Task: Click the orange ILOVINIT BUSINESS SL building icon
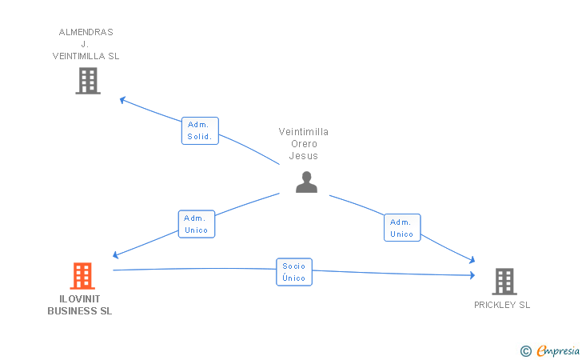point(82,276)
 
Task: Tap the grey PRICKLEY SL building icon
point(504,281)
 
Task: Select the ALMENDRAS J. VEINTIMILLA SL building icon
point(88,80)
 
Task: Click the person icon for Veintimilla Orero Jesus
point(306,182)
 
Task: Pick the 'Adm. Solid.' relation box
point(199,130)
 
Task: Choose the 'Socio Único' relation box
point(294,272)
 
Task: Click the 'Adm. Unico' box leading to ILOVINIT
point(196,224)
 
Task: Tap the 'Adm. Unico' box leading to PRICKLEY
point(401,228)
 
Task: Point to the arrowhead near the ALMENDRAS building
point(122,99)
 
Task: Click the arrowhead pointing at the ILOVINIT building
point(116,255)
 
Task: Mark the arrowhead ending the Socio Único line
point(472,275)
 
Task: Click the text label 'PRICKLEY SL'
point(502,305)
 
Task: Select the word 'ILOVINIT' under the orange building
point(80,299)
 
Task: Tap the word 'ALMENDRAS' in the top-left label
point(86,32)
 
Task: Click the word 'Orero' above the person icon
point(304,144)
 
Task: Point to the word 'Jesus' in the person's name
point(304,156)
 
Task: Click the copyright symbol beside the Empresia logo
point(525,350)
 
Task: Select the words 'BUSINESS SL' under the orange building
point(80,311)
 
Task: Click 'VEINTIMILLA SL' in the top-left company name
point(86,56)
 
